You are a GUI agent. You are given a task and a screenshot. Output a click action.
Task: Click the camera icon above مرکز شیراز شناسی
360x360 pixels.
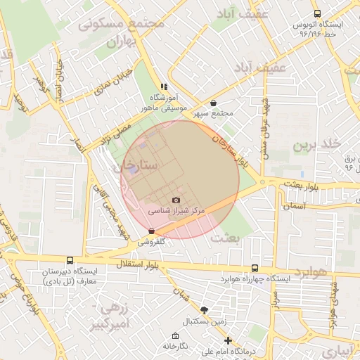click(176, 200)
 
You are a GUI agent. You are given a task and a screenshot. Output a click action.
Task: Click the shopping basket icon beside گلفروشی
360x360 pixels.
click(152, 231)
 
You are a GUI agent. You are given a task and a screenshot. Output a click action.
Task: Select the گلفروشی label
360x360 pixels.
click(151, 240)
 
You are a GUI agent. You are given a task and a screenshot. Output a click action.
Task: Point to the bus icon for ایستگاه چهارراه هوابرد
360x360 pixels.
click(255, 268)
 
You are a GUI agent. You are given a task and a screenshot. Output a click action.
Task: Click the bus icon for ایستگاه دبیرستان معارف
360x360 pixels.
click(69, 260)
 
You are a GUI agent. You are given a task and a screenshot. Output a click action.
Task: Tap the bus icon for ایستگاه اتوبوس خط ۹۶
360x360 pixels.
click(317, 13)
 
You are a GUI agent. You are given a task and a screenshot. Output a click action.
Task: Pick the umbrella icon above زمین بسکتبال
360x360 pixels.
click(204, 310)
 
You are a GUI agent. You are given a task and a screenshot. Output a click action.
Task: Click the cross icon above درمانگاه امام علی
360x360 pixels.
click(227, 340)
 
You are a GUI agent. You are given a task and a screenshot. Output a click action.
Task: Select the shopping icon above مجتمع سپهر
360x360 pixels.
click(213, 103)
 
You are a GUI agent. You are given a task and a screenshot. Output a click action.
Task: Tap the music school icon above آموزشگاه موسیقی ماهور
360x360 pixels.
click(164, 87)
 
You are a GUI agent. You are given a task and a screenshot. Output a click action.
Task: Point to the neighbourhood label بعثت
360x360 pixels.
click(229, 239)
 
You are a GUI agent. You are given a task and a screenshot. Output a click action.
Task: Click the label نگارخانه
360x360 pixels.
click(176, 346)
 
